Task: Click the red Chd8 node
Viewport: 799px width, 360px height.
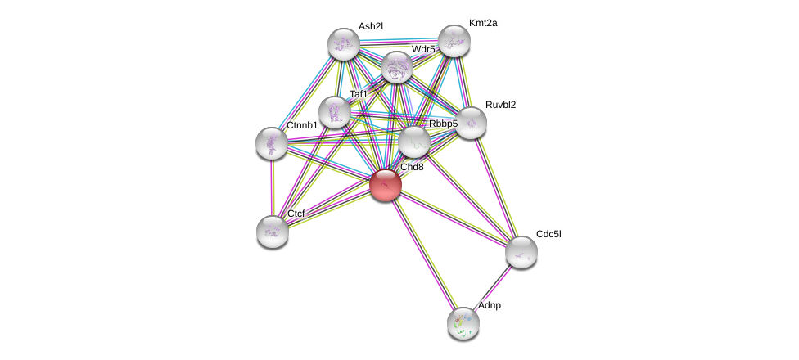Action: coord(386,184)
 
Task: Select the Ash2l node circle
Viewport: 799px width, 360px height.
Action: coord(344,43)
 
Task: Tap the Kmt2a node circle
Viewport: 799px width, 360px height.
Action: coord(454,41)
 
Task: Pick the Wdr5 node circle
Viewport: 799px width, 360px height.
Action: coord(397,67)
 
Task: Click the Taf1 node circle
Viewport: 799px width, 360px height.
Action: coord(334,112)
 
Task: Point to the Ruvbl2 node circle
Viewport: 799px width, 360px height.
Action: coord(471,123)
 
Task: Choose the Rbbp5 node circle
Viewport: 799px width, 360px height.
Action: coord(414,142)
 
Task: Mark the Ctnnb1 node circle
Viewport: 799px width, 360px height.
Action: coord(272,143)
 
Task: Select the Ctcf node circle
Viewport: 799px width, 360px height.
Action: coord(273,231)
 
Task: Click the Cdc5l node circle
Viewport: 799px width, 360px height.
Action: coord(521,251)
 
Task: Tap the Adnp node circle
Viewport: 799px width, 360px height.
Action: coord(463,322)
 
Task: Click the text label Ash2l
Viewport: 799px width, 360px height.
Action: coord(370,26)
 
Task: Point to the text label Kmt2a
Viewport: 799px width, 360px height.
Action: coord(483,23)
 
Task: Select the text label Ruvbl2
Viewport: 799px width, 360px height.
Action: coord(500,105)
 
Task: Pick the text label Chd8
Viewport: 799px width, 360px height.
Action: coord(412,167)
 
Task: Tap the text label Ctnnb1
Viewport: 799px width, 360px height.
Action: coord(302,125)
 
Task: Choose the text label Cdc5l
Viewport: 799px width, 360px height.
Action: coord(548,234)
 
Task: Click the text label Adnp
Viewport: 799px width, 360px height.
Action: coord(490,305)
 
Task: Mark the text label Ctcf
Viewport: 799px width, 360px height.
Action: coord(296,214)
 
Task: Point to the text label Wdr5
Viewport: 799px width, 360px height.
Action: coord(423,49)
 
